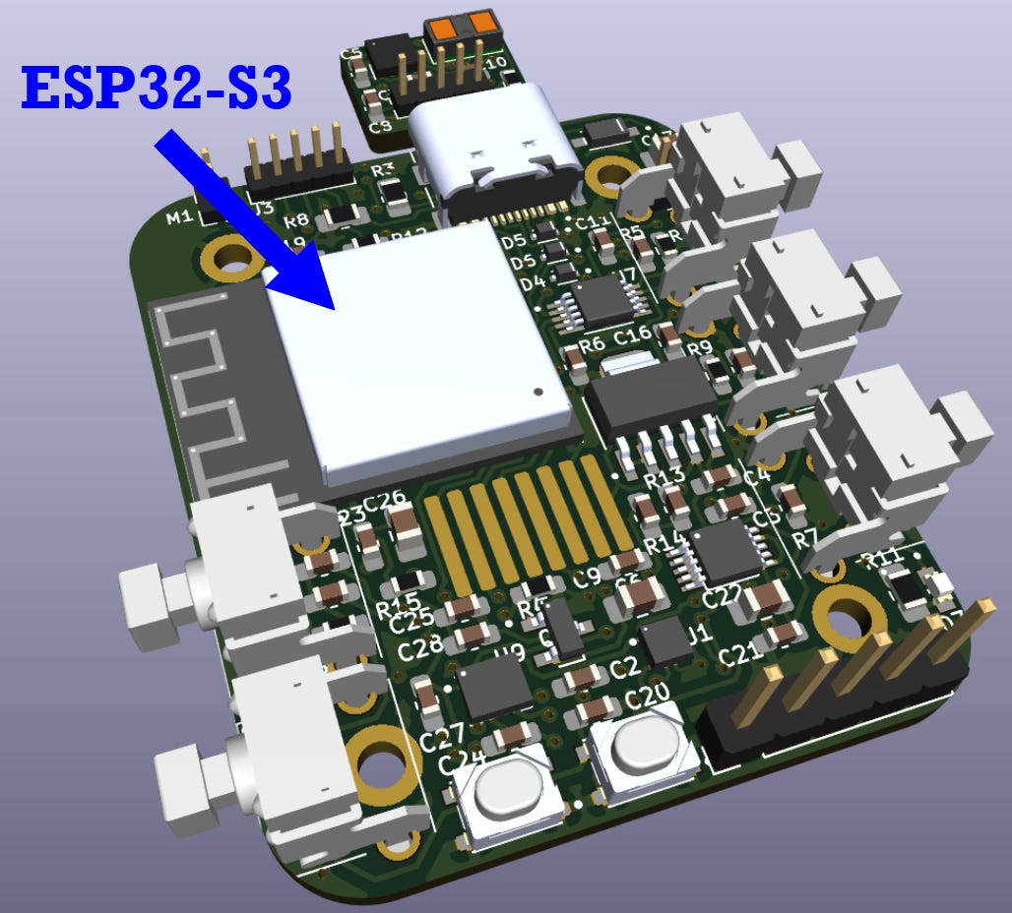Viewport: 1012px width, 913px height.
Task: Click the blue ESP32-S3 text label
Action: pyautogui.click(x=157, y=89)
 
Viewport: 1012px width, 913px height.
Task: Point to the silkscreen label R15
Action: pyautogui.click(x=398, y=604)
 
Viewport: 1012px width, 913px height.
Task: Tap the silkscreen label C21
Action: pyautogui.click(x=740, y=656)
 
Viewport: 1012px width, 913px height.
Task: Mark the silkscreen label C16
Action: pyautogui.click(x=632, y=335)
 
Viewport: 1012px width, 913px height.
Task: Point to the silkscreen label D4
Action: pyautogui.click(x=533, y=283)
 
